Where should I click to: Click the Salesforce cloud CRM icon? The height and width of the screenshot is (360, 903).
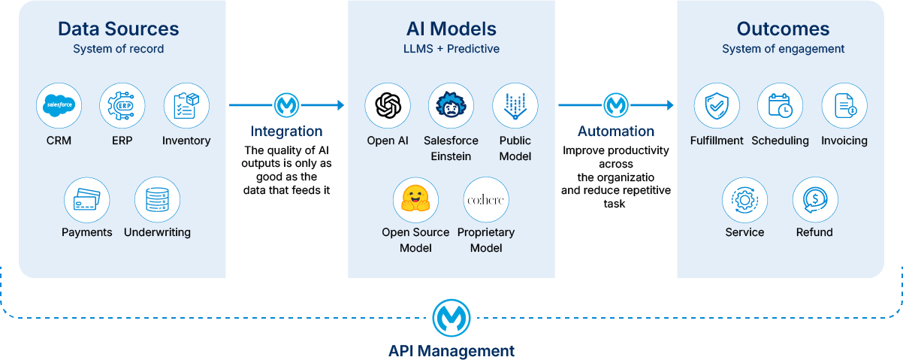tap(59, 106)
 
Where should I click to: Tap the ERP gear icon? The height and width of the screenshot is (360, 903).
tap(122, 106)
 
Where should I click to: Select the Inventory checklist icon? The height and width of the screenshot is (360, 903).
tap(186, 106)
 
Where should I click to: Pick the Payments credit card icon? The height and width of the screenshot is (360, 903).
tap(86, 199)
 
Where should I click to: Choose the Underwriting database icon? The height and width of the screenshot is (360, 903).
tap(157, 199)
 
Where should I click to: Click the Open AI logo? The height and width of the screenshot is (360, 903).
tap(388, 106)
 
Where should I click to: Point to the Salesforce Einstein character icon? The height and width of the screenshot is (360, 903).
tap(451, 106)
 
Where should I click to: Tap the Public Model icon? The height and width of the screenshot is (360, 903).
tap(515, 106)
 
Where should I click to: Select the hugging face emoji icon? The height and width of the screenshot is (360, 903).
tap(415, 199)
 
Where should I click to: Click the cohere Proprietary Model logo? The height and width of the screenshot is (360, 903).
tap(486, 199)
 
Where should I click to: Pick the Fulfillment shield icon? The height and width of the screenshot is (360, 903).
tap(716, 106)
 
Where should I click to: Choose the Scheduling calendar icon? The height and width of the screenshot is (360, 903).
tap(780, 106)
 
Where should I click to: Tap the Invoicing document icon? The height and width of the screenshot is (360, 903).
tap(844, 106)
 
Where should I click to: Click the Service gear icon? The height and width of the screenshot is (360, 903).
tap(744, 199)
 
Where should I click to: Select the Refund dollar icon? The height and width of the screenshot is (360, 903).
tap(815, 199)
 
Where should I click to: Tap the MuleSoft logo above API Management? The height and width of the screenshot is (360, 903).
tap(451, 317)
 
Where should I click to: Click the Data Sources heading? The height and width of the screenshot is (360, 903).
tap(119, 29)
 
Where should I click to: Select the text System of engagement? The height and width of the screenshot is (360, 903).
tap(783, 49)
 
